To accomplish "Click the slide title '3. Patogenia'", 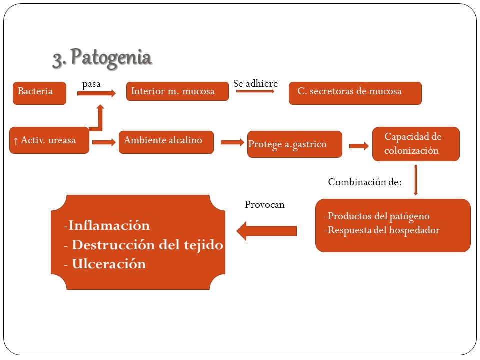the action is click(102, 58).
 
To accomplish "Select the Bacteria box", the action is click(40, 93).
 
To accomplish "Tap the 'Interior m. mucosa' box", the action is click(177, 91).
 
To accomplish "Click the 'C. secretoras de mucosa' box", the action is click(355, 93).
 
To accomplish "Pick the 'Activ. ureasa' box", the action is click(49, 140).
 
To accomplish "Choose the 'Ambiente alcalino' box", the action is click(166, 142).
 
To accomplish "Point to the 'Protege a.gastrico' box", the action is click(295, 144).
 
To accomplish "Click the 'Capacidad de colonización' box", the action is click(416, 144).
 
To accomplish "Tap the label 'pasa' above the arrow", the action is click(91, 84).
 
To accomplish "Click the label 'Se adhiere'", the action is click(256, 83).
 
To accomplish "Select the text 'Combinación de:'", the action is click(365, 182).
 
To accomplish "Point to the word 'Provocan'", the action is click(265, 204).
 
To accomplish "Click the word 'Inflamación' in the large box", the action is click(109, 225).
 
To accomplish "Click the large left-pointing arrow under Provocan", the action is click(266, 231).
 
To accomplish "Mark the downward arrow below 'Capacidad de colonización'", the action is click(415, 180).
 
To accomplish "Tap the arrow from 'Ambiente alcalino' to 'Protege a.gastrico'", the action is click(232, 142).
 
